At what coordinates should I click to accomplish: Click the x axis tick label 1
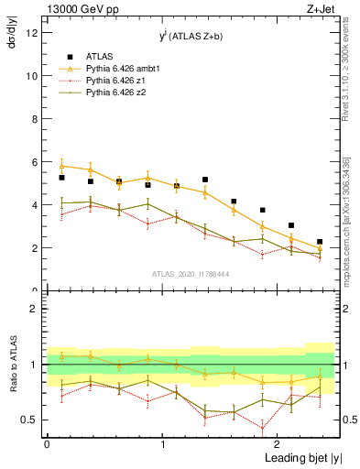tap(162, 445)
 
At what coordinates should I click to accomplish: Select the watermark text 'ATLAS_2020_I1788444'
tap(191, 273)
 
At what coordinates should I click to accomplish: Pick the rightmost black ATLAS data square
tap(320, 242)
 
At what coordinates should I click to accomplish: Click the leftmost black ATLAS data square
tap(61, 178)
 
